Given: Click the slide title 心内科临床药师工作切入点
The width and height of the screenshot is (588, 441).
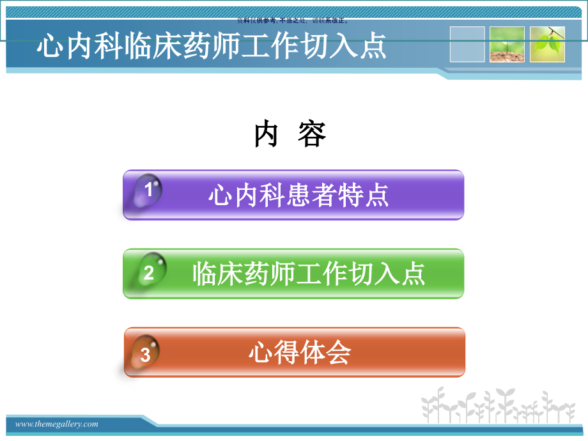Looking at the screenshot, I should pyautogui.click(x=212, y=47).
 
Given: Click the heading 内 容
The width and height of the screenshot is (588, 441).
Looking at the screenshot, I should pyautogui.click(x=290, y=135).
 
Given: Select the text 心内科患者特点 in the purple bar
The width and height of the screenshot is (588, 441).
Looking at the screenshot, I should pyautogui.click(x=298, y=195).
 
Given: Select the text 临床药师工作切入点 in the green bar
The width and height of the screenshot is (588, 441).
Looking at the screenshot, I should pyautogui.click(x=309, y=274).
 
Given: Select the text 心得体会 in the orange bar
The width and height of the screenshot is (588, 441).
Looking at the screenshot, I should pyautogui.click(x=300, y=353).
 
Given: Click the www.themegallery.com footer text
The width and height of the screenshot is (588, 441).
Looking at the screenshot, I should pyautogui.click(x=57, y=424).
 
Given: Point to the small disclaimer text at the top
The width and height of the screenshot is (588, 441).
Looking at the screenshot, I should pyautogui.click(x=293, y=20).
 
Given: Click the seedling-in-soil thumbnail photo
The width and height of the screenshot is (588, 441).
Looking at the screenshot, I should pyautogui.click(x=507, y=44).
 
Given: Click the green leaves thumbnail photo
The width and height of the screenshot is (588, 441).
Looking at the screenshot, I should pyautogui.click(x=547, y=44).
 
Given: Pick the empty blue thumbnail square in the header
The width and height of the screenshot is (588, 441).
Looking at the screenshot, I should pyautogui.click(x=467, y=44).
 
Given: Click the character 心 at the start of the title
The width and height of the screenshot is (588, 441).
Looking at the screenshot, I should pyautogui.click(x=49, y=47).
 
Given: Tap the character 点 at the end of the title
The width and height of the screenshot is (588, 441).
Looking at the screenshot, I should pyautogui.click(x=373, y=47).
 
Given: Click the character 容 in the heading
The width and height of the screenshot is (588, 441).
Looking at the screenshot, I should pyautogui.click(x=312, y=135).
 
